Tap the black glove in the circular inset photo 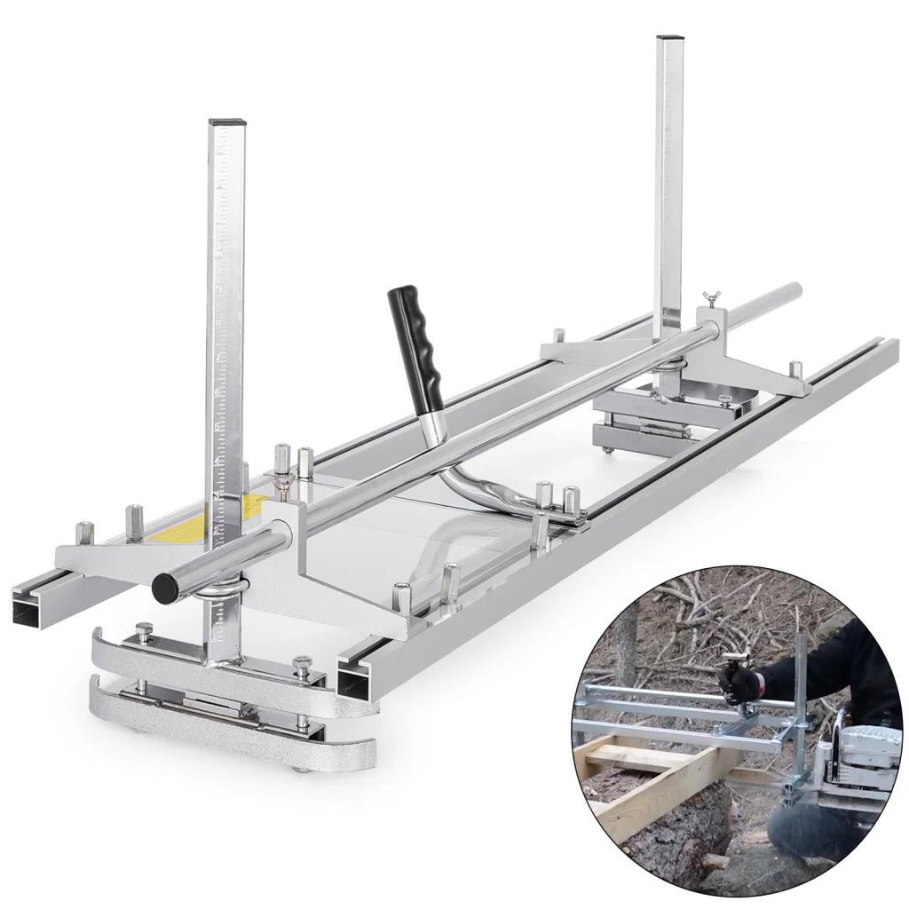tap(742, 683)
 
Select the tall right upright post tap(668, 178)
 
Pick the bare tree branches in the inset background tap(710, 613)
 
